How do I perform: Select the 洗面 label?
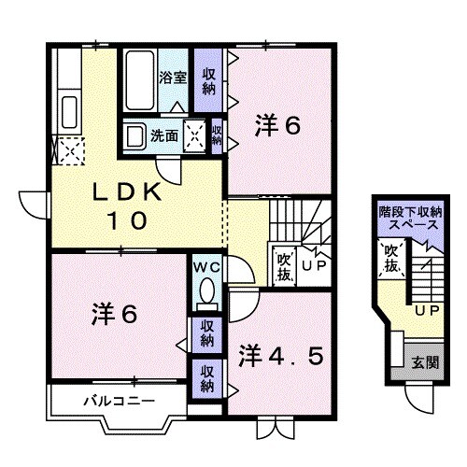(x=166, y=134)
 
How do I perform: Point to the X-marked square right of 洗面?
(x=197, y=134)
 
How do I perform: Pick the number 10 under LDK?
(x=129, y=221)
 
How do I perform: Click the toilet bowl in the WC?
(x=205, y=291)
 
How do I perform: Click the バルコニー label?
(x=110, y=402)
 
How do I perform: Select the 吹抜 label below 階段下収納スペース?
(x=391, y=258)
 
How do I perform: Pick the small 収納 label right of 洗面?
(x=217, y=134)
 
